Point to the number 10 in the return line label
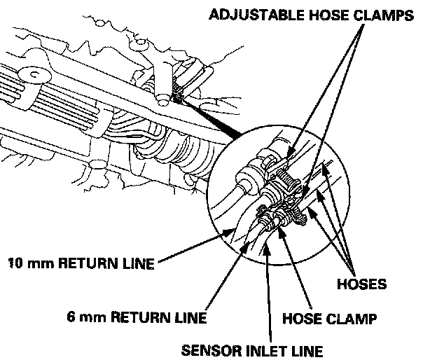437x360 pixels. pos(15,264)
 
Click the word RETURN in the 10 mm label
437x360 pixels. pos(90,264)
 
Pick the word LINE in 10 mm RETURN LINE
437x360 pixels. pos(139,264)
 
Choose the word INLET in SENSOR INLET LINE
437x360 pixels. pos(266,348)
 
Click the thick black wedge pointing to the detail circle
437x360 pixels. pos(210,119)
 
